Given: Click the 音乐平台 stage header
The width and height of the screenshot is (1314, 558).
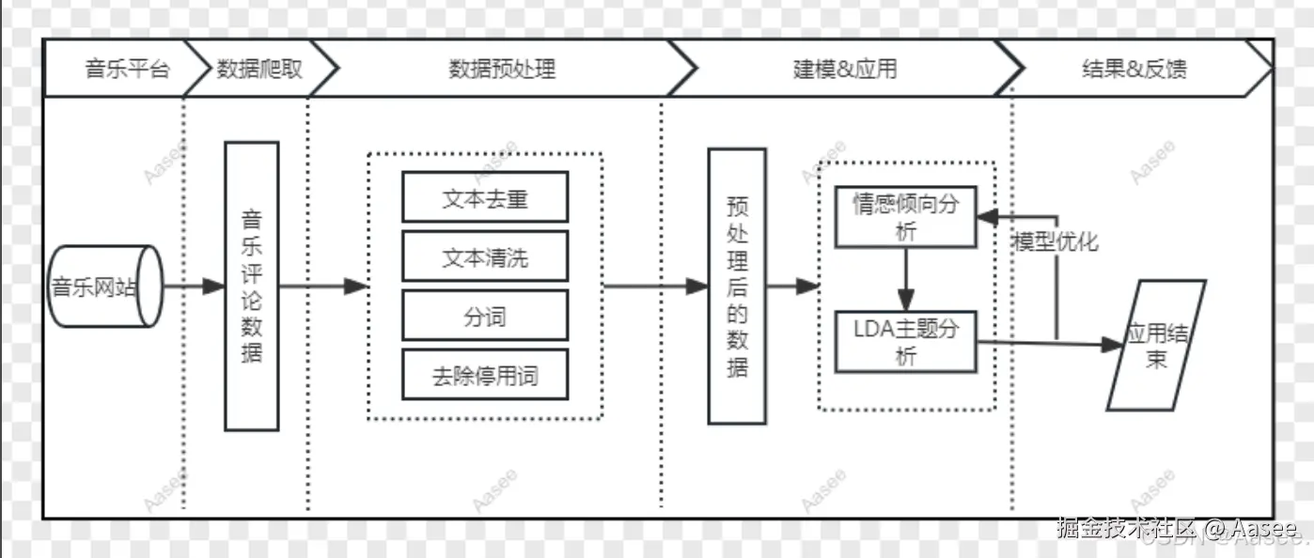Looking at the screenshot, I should [x=127, y=69].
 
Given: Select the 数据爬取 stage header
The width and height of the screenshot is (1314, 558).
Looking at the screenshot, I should [x=259, y=69].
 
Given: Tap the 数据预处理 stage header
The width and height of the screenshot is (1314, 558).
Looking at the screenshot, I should [x=502, y=69].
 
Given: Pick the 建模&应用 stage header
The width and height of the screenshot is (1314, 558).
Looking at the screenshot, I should [x=844, y=69].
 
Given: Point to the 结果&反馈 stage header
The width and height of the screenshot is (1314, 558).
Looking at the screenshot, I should [x=1134, y=69].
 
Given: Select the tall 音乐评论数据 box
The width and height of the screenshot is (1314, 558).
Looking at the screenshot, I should [x=252, y=287].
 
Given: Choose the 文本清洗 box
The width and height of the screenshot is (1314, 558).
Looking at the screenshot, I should [x=485, y=256].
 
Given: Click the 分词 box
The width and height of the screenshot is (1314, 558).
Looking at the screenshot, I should [x=485, y=316].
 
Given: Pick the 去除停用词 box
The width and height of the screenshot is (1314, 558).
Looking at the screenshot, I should [x=485, y=375].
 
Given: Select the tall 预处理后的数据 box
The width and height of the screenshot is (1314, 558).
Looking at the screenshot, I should [x=737, y=287].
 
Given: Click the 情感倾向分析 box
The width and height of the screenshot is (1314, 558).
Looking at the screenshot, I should [x=905, y=217].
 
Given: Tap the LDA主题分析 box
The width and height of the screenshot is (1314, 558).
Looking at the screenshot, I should [x=905, y=342].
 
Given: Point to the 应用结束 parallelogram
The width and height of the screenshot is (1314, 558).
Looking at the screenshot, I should [x=1155, y=346].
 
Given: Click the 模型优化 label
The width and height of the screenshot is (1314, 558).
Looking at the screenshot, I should [x=1054, y=241].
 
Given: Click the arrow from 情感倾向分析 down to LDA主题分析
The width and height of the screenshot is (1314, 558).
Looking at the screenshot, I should [x=905, y=280].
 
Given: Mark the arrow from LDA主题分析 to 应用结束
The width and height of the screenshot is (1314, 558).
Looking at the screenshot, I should [x=1043, y=344].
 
